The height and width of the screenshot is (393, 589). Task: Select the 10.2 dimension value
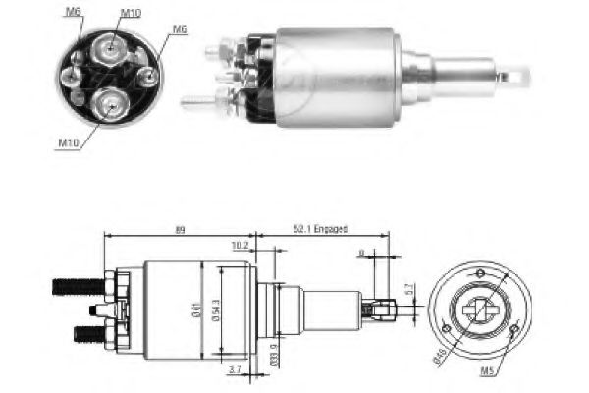point(239,246)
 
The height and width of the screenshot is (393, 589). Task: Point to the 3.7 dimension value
point(233,369)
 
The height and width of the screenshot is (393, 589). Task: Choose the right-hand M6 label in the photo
point(180,28)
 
